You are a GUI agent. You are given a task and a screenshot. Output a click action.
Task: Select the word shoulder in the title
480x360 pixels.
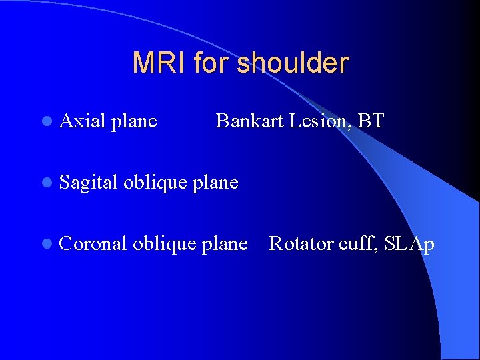pos(292,63)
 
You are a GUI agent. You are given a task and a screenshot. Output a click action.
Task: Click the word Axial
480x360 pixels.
pos(82,121)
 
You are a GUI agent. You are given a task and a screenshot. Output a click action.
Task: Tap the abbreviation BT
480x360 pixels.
pos(371,121)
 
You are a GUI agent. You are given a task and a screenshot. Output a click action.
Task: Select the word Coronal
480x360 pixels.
pos(93,244)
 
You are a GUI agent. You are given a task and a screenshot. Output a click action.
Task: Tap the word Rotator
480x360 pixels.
pos(299,244)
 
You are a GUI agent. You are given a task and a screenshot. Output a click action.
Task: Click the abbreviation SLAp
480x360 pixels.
pos(409,245)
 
